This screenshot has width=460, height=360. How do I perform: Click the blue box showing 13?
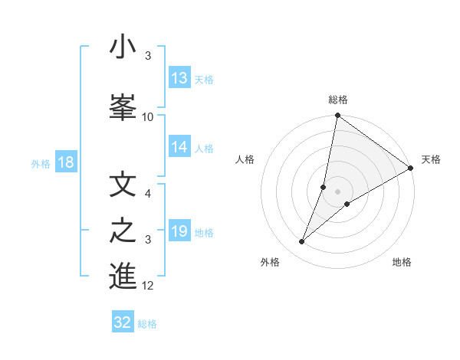[x=179, y=79]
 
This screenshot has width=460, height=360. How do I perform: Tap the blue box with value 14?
[x=179, y=148]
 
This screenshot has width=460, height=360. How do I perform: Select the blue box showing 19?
[x=179, y=232]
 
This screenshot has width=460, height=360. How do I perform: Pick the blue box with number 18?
[x=65, y=162]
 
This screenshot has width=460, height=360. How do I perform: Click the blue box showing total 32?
[x=123, y=322]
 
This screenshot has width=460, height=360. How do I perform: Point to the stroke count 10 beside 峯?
[x=148, y=117]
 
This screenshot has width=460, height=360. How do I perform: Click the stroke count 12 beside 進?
[x=148, y=286]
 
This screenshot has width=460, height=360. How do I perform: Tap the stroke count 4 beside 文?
[x=148, y=194]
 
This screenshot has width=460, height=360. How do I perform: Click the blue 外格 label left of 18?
[x=41, y=163]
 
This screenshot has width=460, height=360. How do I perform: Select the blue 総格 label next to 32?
[x=147, y=323]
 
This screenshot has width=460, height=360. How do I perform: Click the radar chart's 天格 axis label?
[x=431, y=159]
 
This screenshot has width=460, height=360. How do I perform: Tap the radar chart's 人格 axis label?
[x=245, y=159]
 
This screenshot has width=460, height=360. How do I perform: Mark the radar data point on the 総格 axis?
[x=337, y=116]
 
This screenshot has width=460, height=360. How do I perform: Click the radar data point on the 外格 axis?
[x=301, y=242]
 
